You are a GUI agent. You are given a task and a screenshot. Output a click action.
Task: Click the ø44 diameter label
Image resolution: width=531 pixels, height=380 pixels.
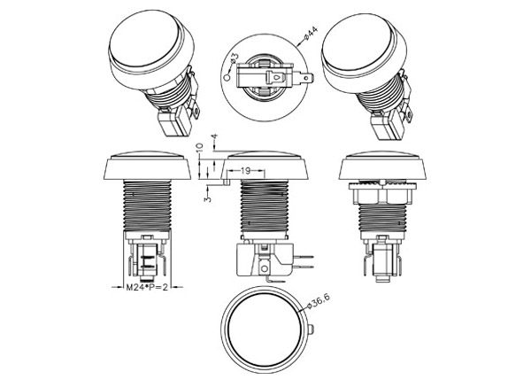[x=311, y=34]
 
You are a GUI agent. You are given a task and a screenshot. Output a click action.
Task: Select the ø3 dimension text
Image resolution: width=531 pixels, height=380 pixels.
[x=235, y=59]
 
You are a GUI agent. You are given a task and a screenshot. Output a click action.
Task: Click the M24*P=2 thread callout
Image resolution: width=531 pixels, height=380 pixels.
[x=147, y=288]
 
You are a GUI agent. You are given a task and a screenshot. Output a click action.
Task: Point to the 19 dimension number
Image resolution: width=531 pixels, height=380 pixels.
[x=245, y=170]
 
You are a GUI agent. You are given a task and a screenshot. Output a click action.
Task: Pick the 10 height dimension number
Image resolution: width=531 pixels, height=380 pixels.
[x=199, y=147]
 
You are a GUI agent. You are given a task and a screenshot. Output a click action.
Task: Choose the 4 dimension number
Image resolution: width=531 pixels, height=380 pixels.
[x=214, y=138]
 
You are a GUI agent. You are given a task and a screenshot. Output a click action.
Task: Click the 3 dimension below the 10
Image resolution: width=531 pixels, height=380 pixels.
[x=208, y=198]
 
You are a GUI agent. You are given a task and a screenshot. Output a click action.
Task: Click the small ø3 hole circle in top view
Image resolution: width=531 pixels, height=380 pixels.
[x=227, y=78]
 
